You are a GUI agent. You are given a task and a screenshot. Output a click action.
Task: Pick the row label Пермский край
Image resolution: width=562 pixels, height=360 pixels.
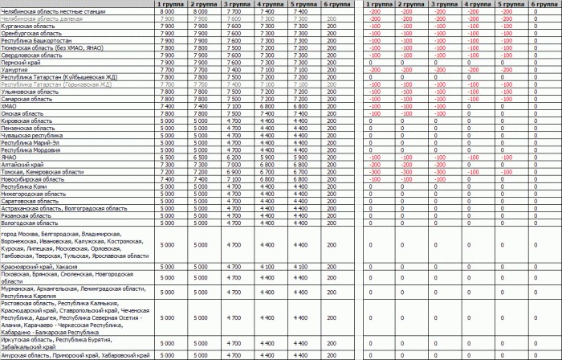[x=20, y=62]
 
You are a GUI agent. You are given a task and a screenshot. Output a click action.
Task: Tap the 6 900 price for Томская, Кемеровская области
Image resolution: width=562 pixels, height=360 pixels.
[x=233, y=171]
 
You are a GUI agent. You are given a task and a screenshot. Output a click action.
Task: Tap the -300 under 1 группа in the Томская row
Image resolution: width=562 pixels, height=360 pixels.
[x=375, y=171]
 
